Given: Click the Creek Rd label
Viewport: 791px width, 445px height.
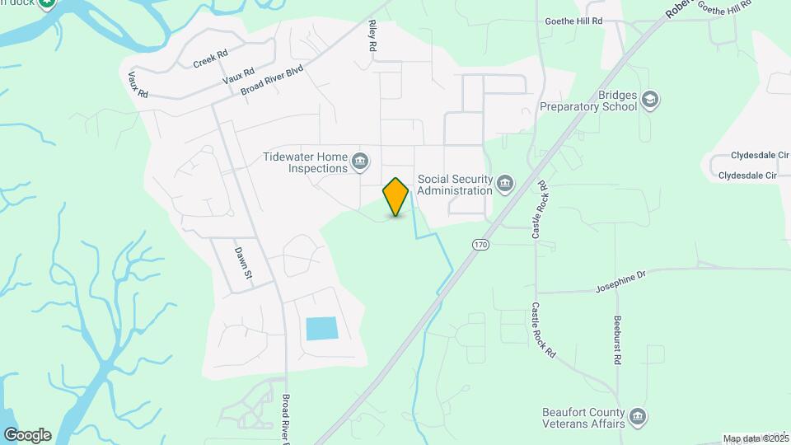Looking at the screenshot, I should pyautogui.click(x=210, y=59).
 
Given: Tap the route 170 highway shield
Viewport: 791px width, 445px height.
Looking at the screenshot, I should pyautogui.click(x=480, y=245).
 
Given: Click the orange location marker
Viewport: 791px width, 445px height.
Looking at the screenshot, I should pyautogui.click(x=396, y=196).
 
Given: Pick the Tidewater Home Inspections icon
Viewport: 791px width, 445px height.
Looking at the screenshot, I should pyautogui.click(x=360, y=162).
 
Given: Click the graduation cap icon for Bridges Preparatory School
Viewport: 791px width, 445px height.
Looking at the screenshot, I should pyautogui.click(x=651, y=100).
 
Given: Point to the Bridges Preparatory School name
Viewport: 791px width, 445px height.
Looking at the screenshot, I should pyautogui.click(x=588, y=101).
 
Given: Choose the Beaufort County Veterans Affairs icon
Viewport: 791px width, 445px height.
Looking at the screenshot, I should pyautogui.click(x=638, y=418).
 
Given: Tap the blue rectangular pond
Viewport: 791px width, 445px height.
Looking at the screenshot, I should pyautogui.click(x=321, y=328).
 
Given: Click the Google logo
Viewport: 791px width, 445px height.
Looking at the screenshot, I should pyautogui.click(x=27, y=434).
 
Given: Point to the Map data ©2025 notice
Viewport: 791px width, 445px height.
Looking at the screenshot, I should pyautogui.click(x=755, y=438).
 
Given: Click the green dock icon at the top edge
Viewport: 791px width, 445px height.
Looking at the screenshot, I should pyautogui.click(x=47, y=3).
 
